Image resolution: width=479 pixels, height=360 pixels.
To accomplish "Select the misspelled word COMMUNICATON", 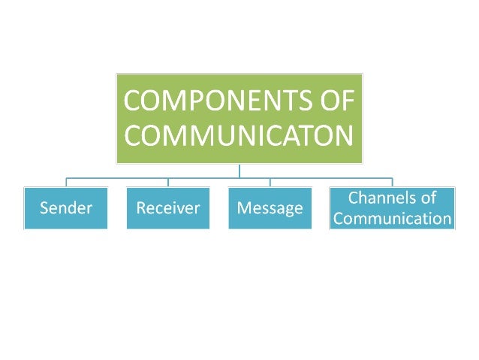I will click(239, 135).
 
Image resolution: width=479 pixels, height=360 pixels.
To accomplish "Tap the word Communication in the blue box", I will click(393, 219).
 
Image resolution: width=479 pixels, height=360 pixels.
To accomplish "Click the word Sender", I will click(65, 208).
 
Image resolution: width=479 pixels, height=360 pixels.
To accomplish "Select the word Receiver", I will click(168, 208).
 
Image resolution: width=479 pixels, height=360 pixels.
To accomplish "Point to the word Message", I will click(270, 208).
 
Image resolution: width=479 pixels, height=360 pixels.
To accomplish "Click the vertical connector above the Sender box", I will click(65, 182).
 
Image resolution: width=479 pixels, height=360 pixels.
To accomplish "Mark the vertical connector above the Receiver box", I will click(168, 182).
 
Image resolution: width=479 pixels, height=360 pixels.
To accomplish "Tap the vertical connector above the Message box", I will click(270, 182).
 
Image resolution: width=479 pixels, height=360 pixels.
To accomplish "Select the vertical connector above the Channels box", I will click(392, 181).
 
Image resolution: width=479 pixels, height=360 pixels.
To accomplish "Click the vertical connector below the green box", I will click(239, 171).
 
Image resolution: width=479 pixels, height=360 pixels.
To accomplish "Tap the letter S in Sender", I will click(44, 208).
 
